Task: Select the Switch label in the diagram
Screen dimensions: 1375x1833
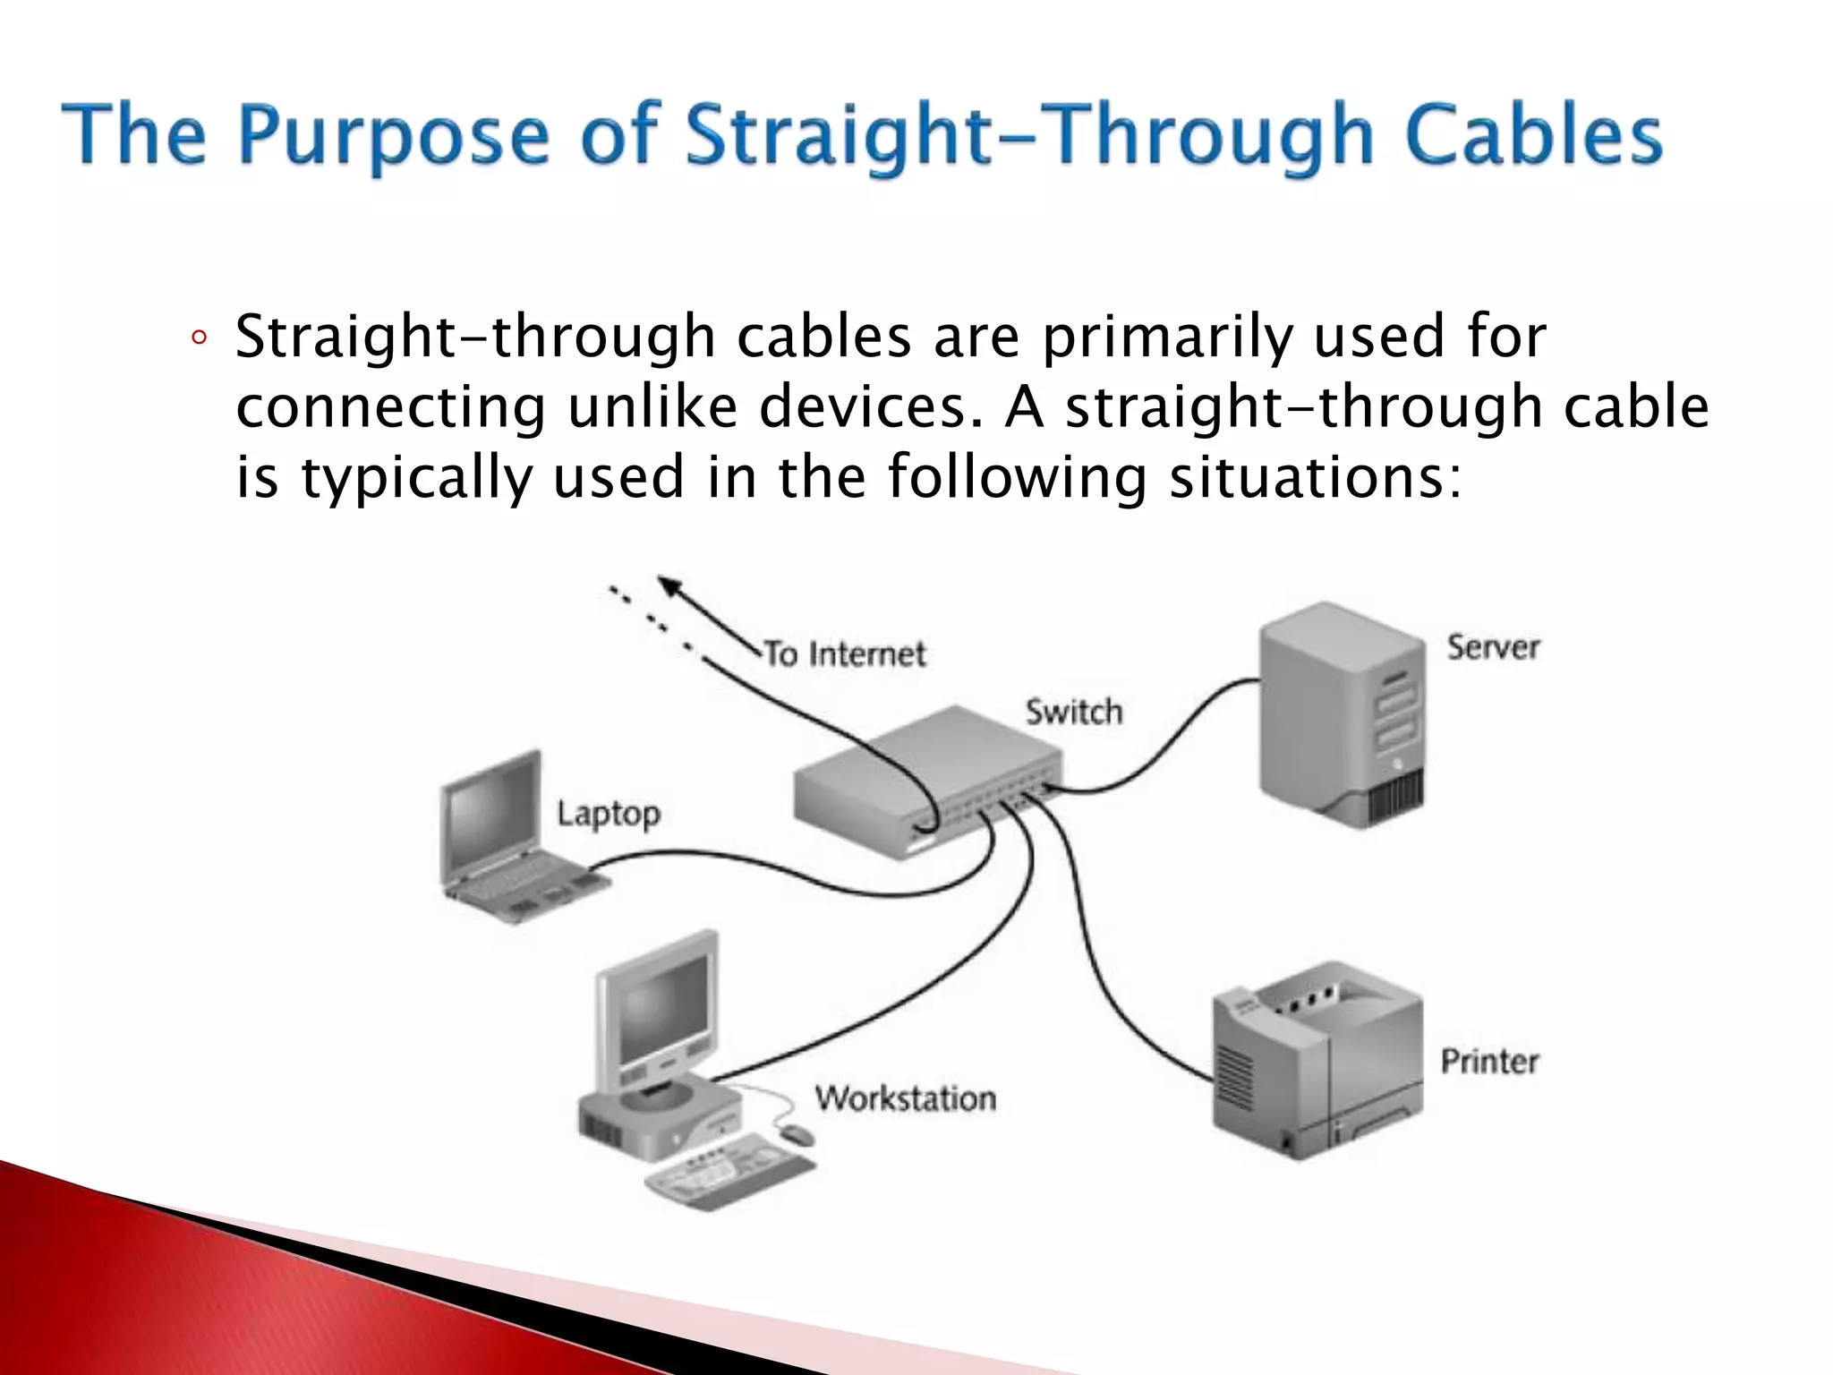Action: [x=1073, y=712]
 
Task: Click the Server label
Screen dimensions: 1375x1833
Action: [x=1493, y=647]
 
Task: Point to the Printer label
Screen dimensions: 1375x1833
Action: [x=1489, y=1062]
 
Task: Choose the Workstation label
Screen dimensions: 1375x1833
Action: [x=905, y=1098]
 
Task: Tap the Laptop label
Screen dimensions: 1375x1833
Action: [x=609, y=814]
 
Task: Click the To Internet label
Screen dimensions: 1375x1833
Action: [x=845, y=654]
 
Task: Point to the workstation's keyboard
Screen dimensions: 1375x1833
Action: [x=729, y=1172]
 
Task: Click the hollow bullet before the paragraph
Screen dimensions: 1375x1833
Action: [x=199, y=338]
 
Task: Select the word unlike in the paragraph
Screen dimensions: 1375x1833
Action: [x=652, y=407]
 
